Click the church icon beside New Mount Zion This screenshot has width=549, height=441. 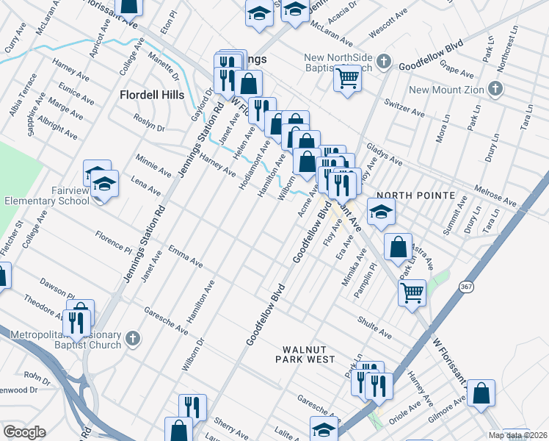click(495, 90)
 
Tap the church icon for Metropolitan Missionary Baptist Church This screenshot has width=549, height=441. click(132, 338)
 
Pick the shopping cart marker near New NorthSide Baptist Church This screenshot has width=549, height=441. click(348, 77)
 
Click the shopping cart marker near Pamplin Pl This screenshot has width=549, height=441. click(412, 291)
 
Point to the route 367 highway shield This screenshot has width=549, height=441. click(467, 286)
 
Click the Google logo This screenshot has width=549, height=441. click(23, 431)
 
